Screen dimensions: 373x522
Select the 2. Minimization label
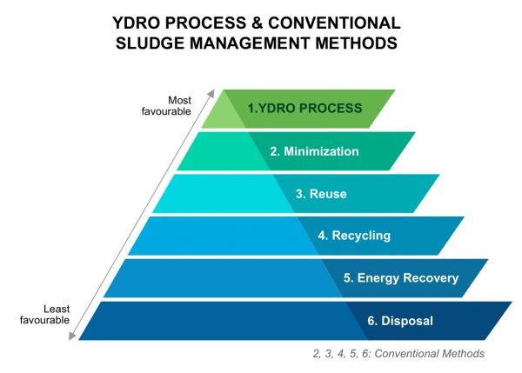[314, 151]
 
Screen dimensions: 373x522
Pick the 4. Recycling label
[354, 236]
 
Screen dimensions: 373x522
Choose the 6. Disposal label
[399, 321]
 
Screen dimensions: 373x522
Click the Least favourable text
[43, 314]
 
